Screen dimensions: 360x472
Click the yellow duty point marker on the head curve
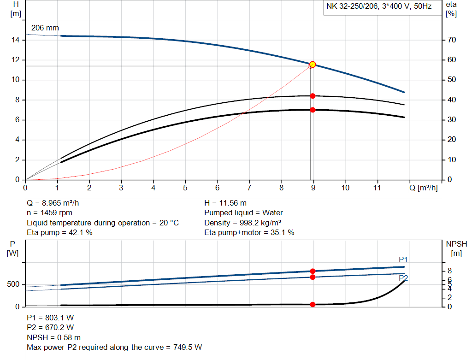point(313,65)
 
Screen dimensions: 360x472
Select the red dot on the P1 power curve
point(313,271)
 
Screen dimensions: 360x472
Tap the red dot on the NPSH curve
point(313,304)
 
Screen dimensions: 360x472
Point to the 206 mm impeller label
point(45,28)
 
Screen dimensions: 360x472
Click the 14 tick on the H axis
point(16,40)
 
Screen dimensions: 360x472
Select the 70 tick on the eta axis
point(451,40)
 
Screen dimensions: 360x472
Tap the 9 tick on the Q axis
point(313,188)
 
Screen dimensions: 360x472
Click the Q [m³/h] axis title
point(424,188)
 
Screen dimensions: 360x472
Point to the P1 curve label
point(403,260)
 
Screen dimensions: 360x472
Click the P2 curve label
point(403,278)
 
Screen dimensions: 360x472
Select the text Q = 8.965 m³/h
point(56,203)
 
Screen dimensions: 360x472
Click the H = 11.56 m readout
point(225,203)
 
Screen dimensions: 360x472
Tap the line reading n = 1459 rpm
point(50,212)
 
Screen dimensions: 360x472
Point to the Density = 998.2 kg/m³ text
point(243,223)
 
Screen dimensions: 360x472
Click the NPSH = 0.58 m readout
point(54,337)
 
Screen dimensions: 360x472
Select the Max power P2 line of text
point(114,347)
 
